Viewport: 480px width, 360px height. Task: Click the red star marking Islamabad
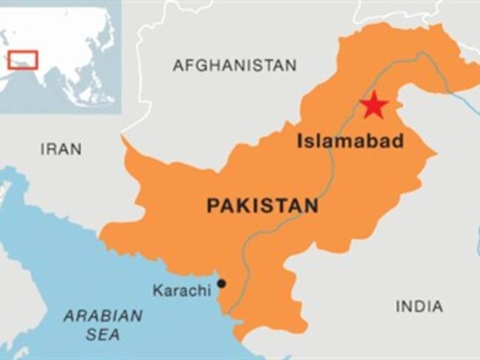(374, 105)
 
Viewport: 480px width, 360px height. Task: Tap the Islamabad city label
(350, 141)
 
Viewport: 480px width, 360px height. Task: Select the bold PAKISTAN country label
(262, 206)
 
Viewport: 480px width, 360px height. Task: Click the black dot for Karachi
(222, 284)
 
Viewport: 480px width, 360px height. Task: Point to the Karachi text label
(182, 291)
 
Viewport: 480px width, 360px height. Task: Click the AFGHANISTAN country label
(234, 66)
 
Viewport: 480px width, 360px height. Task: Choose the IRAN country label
(61, 149)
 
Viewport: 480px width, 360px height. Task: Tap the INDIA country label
(419, 306)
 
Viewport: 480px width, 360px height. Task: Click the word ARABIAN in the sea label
(103, 316)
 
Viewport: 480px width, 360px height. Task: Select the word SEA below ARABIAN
(103, 335)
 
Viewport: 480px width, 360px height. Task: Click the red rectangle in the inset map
(23, 60)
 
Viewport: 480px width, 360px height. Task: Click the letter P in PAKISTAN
(213, 206)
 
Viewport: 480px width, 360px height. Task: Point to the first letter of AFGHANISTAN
(178, 66)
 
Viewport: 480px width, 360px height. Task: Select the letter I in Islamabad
(301, 141)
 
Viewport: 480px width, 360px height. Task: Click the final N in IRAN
(76, 149)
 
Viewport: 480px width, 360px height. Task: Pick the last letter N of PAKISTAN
(312, 206)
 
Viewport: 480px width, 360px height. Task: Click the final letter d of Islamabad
(398, 141)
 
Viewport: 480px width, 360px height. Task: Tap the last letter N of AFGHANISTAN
(291, 66)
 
